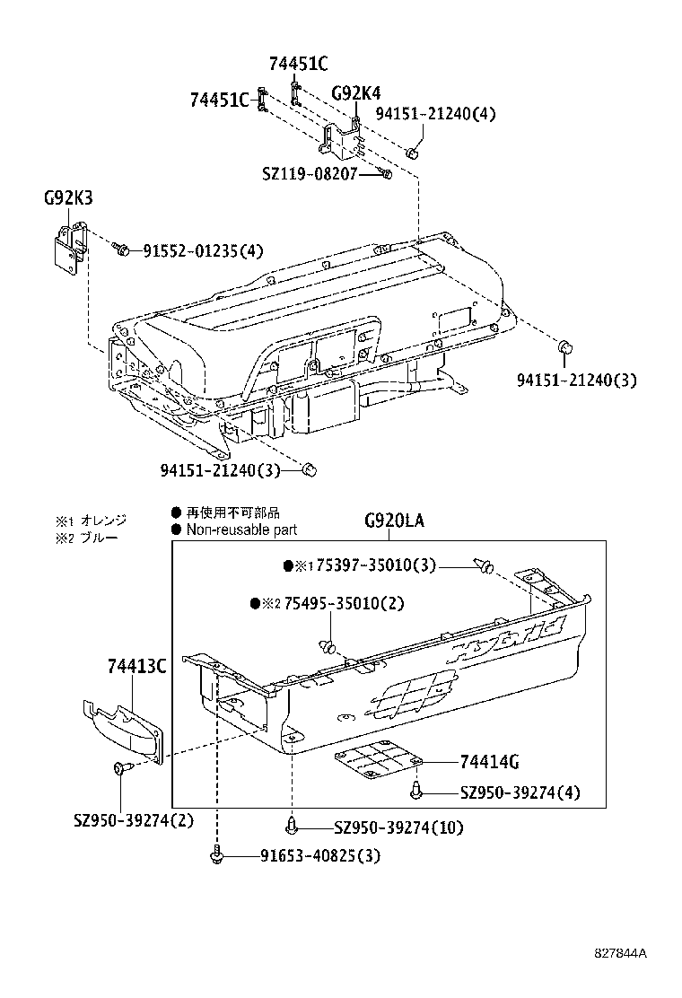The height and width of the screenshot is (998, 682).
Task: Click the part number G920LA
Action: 394,521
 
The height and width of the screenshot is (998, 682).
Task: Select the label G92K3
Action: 67,197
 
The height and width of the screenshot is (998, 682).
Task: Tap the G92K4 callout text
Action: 355,92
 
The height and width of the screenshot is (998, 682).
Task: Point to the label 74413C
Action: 136,665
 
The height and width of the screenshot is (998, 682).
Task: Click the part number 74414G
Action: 489,762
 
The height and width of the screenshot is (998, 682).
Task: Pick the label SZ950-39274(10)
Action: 398,827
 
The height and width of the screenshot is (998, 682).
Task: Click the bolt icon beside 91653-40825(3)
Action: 216,857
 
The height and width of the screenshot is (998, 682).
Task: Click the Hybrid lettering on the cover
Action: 507,638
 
